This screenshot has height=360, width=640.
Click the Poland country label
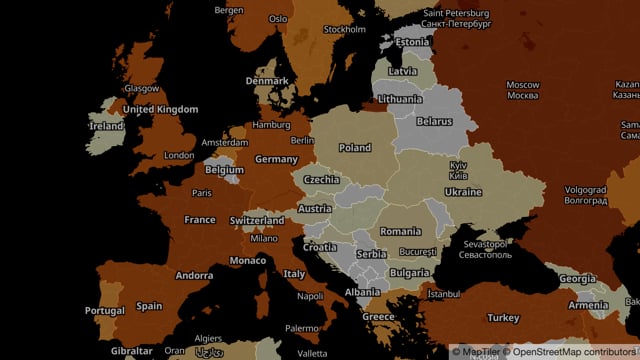point(354,148)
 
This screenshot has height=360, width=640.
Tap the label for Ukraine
point(463,192)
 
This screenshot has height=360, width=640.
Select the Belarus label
point(434,121)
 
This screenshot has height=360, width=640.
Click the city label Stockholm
point(345,30)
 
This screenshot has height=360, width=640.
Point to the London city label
point(179,156)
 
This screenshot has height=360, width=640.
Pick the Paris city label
point(202,193)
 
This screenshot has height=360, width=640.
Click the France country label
point(200,220)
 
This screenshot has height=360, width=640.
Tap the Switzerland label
point(257,221)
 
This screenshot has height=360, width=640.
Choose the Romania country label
point(401,232)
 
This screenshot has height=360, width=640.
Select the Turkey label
point(503,318)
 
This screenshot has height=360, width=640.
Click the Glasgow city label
point(142,89)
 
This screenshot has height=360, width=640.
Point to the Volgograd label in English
point(585,188)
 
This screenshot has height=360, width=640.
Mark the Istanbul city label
point(444,295)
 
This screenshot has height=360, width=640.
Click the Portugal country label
point(105,311)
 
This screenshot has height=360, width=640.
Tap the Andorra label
point(194,276)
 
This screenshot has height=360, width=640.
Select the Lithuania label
point(400,99)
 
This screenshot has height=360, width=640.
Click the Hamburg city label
point(271,126)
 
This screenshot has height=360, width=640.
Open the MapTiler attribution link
point(480,351)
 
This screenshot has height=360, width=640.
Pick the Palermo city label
point(302,328)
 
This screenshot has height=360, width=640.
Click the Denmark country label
point(267,81)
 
